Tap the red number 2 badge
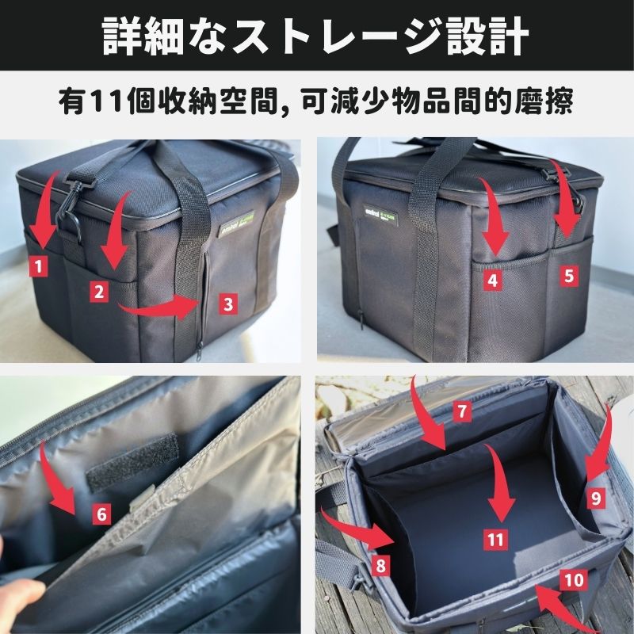coord(98,292)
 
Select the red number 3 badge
coord(227,303)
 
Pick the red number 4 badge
coord(493,279)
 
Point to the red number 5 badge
coord(569,277)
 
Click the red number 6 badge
coord(101,514)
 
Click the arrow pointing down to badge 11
coord(497,483)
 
